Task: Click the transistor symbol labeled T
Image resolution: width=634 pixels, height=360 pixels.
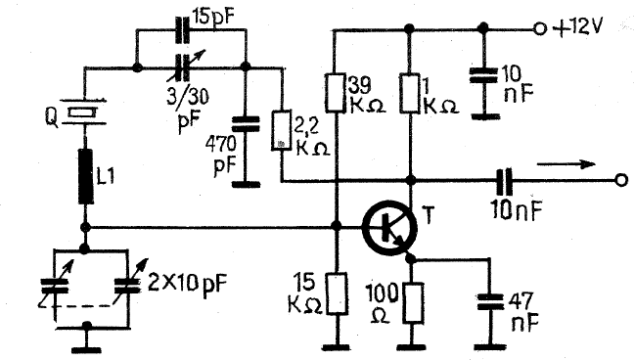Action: pos(389,228)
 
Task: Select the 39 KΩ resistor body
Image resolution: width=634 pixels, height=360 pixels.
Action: pos(336,93)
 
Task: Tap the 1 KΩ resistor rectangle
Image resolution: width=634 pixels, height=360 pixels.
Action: pos(410,93)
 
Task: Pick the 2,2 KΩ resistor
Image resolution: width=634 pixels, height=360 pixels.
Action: pos(281,130)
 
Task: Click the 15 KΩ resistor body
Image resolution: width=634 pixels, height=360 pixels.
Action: pos(337,293)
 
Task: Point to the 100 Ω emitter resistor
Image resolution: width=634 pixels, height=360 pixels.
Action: pos(413,303)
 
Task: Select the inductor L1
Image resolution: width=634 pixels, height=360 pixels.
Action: pos(85,176)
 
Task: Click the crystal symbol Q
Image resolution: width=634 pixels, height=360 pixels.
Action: pos(83,112)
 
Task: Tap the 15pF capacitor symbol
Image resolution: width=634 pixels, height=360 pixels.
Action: pos(182,29)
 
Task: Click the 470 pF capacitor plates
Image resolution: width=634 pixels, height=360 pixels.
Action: pos(245,124)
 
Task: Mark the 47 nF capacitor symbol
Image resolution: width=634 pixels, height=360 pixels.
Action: pos(489,301)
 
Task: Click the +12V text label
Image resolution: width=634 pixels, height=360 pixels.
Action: pos(577,28)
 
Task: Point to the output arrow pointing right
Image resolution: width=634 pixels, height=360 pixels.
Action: pos(566,163)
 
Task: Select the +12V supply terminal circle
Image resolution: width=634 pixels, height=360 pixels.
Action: pos(540,29)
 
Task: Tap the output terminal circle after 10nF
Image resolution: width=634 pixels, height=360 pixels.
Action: pos(621,180)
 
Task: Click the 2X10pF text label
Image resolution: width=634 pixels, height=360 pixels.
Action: pos(187,283)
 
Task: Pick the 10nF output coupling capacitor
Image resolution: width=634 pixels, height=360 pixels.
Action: pos(505,180)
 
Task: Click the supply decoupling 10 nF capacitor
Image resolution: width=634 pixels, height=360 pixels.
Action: pos(483,75)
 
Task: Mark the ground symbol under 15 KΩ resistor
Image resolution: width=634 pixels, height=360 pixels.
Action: pos(337,347)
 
